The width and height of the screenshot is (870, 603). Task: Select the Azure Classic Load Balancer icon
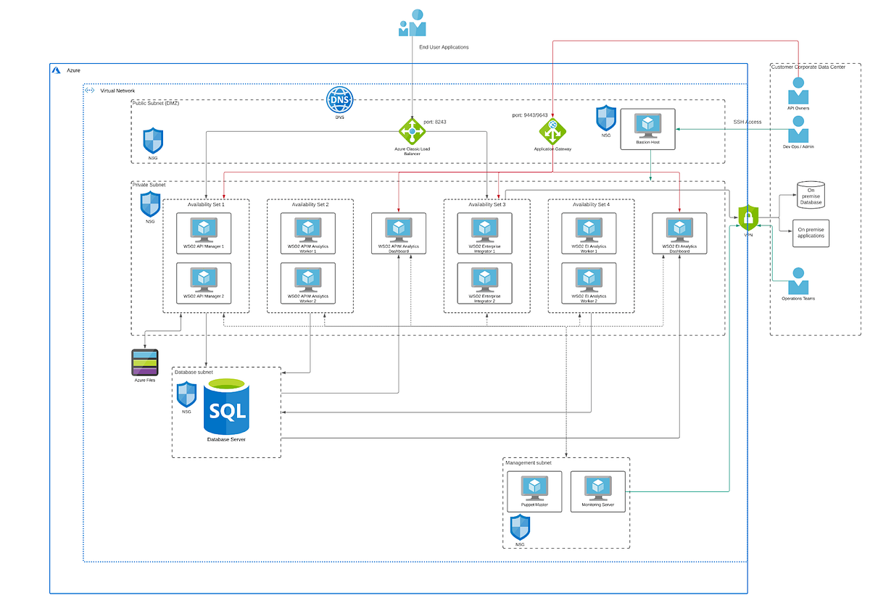pyautogui.click(x=413, y=131)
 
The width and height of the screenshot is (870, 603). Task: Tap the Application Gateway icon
pyautogui.click(x=553, y=131)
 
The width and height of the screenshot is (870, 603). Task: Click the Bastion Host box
pyautogui.click(x=647, y=129)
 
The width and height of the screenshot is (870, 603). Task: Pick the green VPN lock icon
pyautogui.click(x=748, y=217)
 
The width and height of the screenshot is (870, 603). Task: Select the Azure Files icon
pyautogui.click(x=145, y=362)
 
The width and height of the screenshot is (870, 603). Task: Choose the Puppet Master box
pyautogui.click(x=534, y=491)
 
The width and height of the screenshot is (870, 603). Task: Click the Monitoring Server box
pyautogui.click(x=597, y=491)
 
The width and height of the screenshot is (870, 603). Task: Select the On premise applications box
pyautogui.click(x=811, y=233)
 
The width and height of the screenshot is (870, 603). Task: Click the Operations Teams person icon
pyautogui.click(x=799, y=281)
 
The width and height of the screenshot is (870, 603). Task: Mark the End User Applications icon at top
pyautogui.click(x=412, y=23)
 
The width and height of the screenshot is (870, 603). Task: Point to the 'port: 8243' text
pyautogui.click(x=435, y=122)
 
